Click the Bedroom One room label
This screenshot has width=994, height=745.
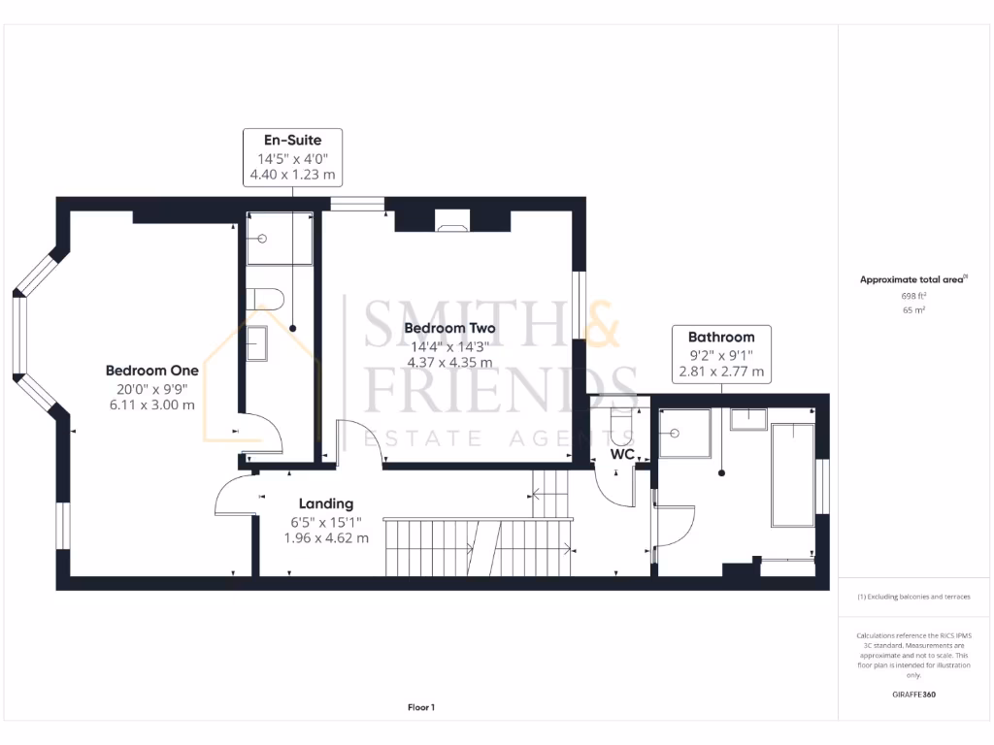point(152,371)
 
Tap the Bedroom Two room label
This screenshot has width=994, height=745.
point(449,328)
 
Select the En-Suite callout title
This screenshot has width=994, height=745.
point(292,141)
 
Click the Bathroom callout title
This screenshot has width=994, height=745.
point(721,337)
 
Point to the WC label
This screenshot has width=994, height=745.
point(622,454)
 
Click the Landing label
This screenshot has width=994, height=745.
point(326,503)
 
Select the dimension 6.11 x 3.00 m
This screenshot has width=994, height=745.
point(152,405)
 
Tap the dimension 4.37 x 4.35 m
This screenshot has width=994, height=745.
point(449,362)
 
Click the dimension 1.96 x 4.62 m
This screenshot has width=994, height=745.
point(326,537)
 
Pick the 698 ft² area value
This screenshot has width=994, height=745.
point(913,295)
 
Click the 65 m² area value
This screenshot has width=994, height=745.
point(913,310)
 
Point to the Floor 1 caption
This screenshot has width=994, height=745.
point(420,708)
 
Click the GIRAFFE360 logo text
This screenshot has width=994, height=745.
point(913,695)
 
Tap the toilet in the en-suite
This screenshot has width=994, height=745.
point(265,298)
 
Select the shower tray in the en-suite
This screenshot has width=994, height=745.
point(279,239)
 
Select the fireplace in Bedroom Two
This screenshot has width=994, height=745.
point(452,224)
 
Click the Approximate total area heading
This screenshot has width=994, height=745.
point(913,279)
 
